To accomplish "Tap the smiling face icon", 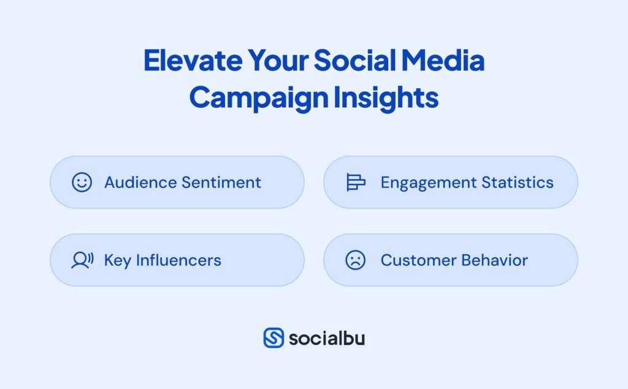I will click(82, 183).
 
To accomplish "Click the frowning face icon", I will click(355, 260).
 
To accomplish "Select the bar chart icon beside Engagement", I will click(356, 183).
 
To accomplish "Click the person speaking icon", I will click(82, 260).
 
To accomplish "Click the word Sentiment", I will click(221, 183).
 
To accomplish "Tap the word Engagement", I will click(429, 183).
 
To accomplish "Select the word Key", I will click(118, 260).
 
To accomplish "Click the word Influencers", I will click(178, 260).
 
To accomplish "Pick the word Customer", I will click(416, 260).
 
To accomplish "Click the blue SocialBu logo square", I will click(274, 338).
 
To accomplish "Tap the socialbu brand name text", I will click(326, 338).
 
